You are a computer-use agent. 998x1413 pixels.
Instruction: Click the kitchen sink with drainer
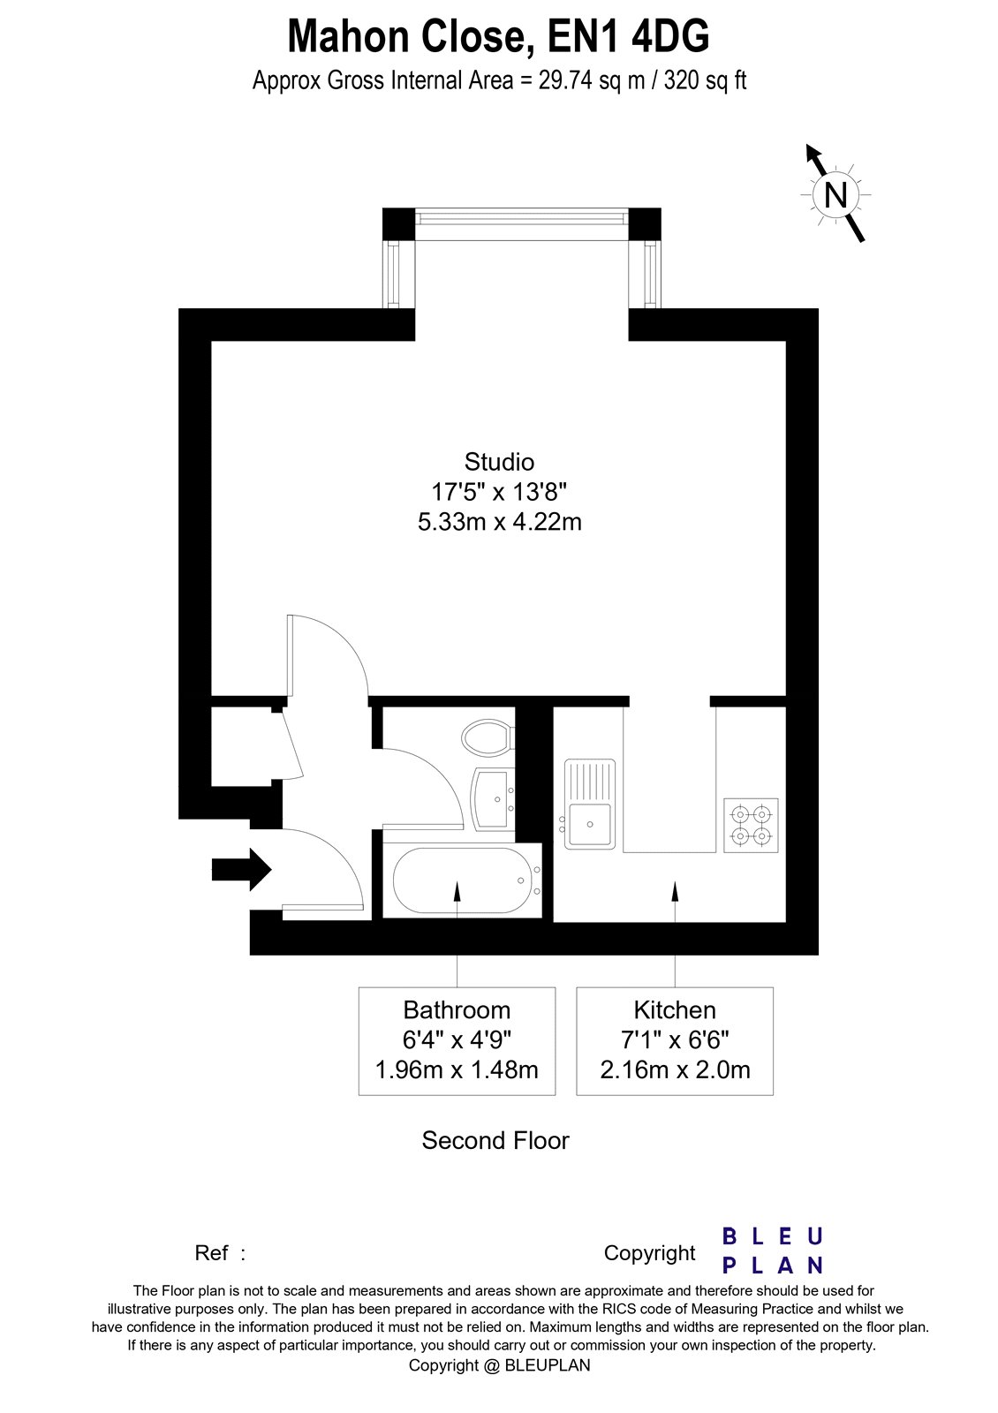coord(590,804)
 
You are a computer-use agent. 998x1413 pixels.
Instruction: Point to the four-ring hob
coord(751,825)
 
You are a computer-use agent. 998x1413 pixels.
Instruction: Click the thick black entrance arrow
coord(241,869)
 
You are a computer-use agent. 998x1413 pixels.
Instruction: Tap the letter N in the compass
coord(835,194)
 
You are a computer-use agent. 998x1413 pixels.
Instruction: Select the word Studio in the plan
coord(499,462)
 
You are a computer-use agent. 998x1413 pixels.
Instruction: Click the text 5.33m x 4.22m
coord(499,522)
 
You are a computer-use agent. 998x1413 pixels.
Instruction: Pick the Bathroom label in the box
coord(457,1009)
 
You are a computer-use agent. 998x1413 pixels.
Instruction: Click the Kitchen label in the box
coord(675,1009)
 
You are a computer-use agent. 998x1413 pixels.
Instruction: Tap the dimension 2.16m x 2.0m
coord(675,1070)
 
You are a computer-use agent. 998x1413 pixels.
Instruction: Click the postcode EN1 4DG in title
coord(628,37)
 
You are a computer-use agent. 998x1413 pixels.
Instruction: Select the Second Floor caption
coord(495,1140)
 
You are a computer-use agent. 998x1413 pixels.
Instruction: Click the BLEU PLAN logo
coord(772,1251)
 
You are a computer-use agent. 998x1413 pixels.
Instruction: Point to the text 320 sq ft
coord(705,80)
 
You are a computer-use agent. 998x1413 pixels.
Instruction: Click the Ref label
coord(212,1253)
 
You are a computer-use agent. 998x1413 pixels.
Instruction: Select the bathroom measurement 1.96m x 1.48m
coord(457,1070)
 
